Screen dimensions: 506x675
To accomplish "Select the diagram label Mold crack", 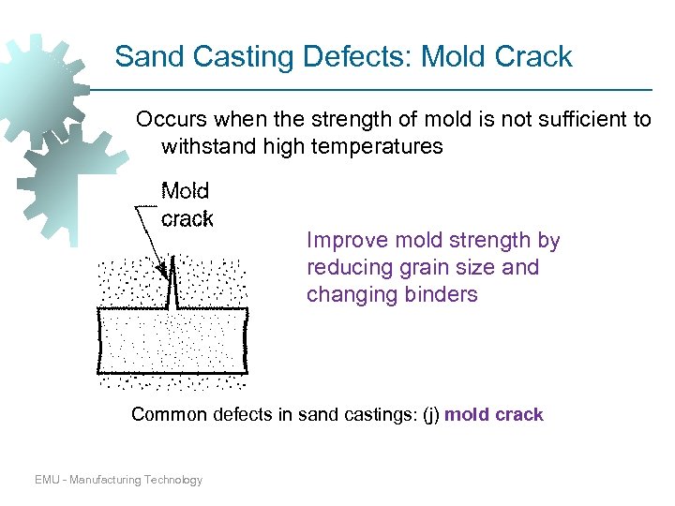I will point(187,205).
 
